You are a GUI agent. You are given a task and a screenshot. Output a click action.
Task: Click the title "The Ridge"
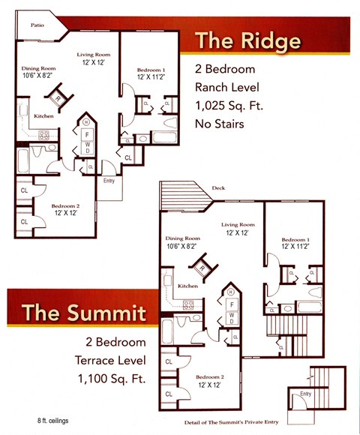click(x=248, y=40)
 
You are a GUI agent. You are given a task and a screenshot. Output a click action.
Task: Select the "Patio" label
click(x=36, y=25)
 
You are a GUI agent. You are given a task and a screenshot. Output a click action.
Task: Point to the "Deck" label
click(x=218, y=189)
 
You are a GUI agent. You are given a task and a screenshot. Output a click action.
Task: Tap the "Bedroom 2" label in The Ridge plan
click(x=65, y=205)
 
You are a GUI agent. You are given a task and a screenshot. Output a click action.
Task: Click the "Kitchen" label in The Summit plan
click(x=187, y=286)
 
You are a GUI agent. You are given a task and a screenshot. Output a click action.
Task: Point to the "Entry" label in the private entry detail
click(x=305, y=394)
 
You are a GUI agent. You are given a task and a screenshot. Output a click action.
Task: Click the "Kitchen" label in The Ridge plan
click(x=43, y=116)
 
